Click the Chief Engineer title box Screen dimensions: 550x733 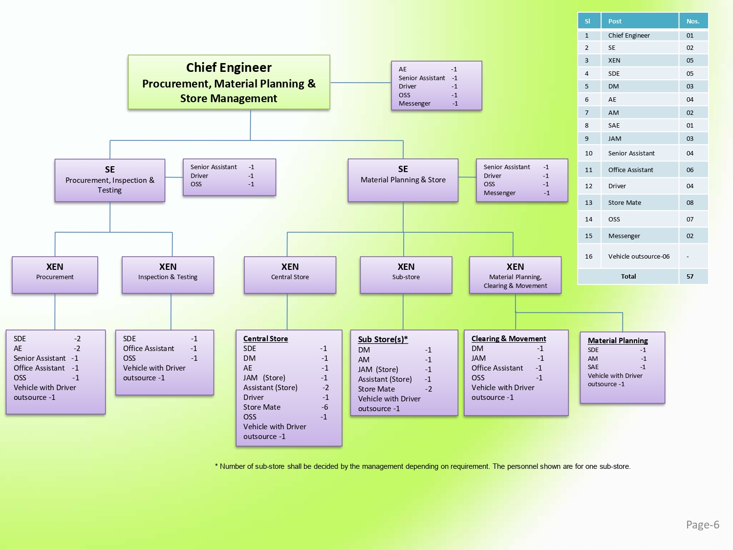click(x=229, y=82)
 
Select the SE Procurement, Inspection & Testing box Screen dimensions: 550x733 click(x=110, y=180)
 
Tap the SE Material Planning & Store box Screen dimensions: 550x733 click(x=403, y=180)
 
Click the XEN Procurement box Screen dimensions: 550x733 click(x=55, y=275)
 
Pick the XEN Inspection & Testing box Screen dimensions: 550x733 click(x=168, y=275)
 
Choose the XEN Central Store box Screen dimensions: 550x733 click(x=290, y=275)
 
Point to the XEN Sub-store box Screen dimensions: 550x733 click(x=406, y=275)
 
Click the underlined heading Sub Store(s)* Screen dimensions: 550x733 click(x=383, y=339)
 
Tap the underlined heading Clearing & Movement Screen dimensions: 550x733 click(x=509, y=339)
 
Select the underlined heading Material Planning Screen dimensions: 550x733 click(x=618, y=341)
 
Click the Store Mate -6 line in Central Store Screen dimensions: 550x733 click(x=285, y=407)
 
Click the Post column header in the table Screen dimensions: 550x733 click(x=615, y=22)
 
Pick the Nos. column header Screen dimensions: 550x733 click(x=693, y=22)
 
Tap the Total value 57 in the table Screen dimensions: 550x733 click(x=690, y=277)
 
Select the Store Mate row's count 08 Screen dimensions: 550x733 click(x=690, y=203)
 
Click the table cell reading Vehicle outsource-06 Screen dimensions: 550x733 click(x=639, y=257)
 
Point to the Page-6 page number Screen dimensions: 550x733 click(x=702, y=525)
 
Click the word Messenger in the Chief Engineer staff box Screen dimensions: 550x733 click(x=414, y=104)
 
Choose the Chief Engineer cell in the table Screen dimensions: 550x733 click(x=629, y=36)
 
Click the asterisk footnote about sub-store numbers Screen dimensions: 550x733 click(x=423, y=466)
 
